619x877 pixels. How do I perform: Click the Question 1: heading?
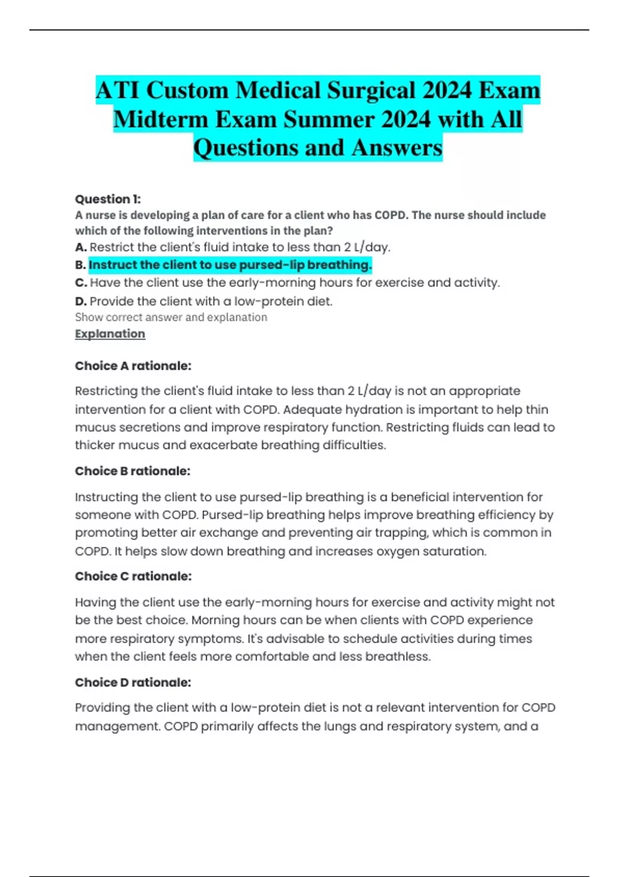108,199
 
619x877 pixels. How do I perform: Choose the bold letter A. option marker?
80,248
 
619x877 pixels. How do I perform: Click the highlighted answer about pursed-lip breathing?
230,265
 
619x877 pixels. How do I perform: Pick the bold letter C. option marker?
80,283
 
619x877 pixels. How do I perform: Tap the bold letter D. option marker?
80,301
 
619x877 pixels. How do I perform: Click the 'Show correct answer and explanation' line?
171,317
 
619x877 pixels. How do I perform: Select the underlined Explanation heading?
110,334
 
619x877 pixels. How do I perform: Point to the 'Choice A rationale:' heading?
133,366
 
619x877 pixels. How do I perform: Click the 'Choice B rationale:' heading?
133,471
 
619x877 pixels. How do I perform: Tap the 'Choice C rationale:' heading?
133,576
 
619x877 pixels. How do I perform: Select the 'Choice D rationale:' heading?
133,683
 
